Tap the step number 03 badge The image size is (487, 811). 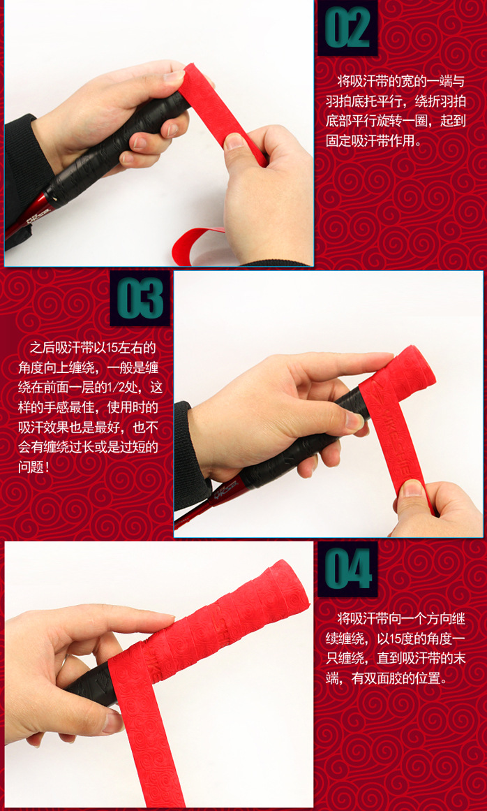click(x=140, y=298)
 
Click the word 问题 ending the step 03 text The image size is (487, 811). click(x=31, y=467)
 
